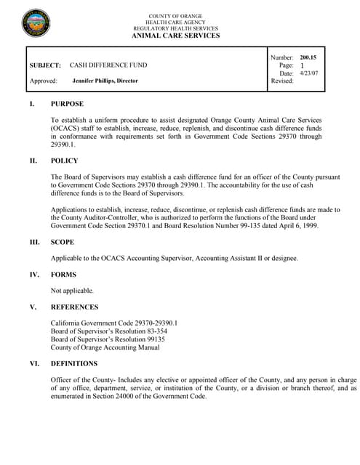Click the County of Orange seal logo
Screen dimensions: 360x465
36,24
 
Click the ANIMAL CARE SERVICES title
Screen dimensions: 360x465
175,36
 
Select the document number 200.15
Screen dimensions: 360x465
308,57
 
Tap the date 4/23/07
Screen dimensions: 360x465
309,73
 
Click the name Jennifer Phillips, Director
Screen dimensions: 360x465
105,81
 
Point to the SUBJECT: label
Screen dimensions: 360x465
45,65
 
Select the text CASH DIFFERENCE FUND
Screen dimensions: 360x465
108,65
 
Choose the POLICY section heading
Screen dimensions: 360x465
64,161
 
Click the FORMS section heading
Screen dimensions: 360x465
63,275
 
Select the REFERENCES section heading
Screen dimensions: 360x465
75,307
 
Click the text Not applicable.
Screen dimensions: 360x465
71,290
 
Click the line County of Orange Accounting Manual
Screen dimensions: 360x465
105,347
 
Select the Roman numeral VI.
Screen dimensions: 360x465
33,363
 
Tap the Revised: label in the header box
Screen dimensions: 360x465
282,81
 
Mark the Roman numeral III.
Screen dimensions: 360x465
34,242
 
